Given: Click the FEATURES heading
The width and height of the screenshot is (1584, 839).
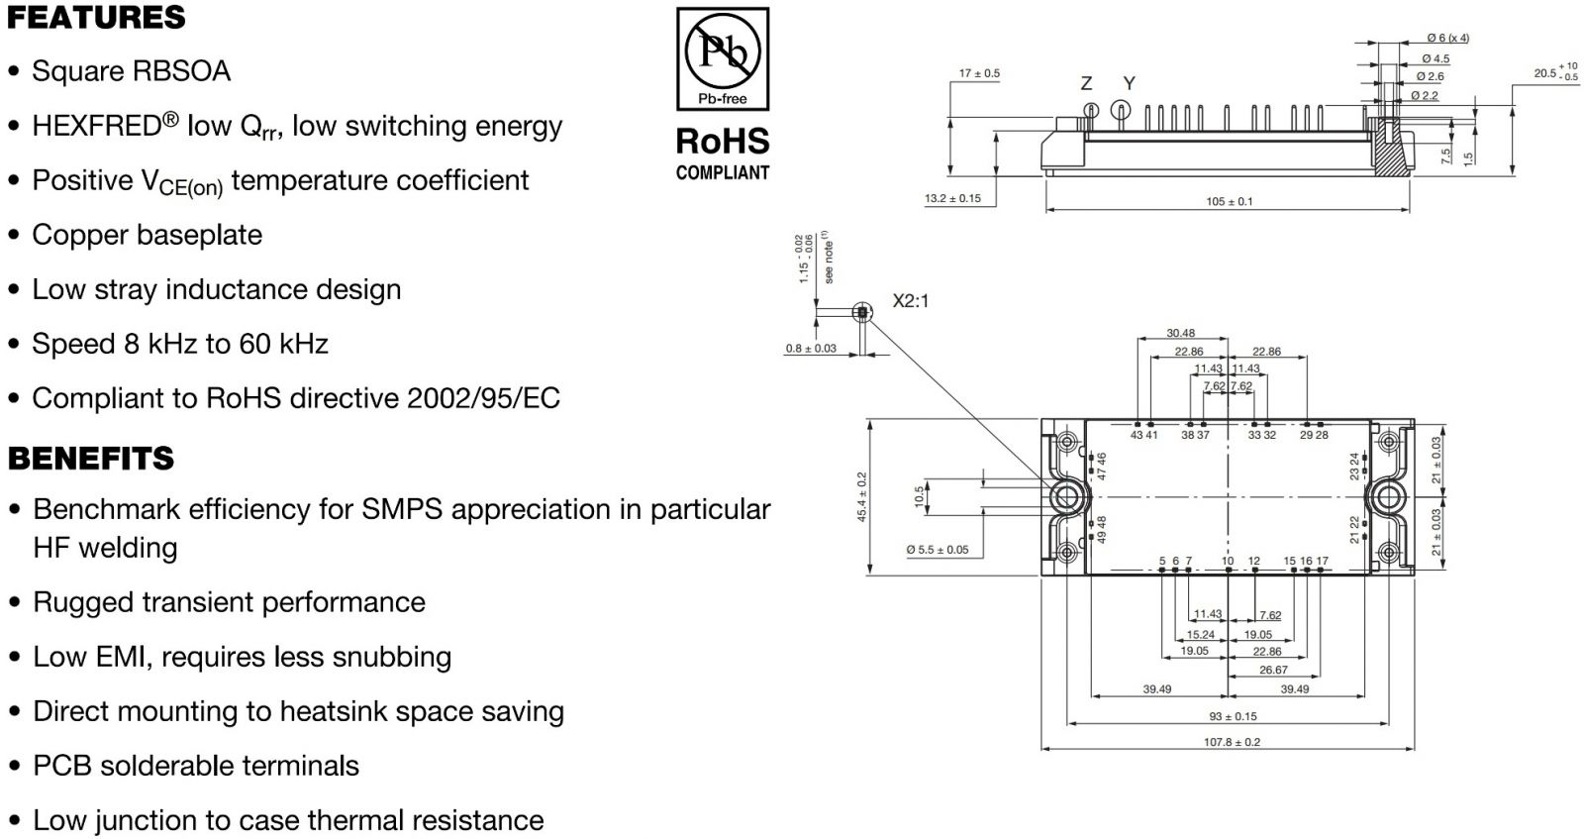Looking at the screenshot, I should point(96,18).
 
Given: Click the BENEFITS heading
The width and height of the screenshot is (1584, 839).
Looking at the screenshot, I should point(91,459).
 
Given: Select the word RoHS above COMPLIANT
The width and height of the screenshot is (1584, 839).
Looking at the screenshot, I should point(723,142).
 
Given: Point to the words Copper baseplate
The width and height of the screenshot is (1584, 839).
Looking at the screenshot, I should point(147,235).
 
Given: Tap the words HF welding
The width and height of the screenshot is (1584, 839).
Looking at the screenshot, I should point(105,548).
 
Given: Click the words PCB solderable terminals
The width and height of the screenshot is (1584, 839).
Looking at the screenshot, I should point(196,766).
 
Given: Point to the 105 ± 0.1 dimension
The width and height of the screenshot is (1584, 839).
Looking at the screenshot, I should point(1229,202).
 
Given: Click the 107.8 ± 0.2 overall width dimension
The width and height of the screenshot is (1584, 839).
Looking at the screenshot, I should point(1232,742).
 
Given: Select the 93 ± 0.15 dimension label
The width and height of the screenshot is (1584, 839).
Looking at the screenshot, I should point(1233,716).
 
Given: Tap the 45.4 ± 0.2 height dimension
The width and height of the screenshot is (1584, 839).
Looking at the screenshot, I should point(861,497).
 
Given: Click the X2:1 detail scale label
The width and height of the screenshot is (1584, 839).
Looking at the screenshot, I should point(911,301).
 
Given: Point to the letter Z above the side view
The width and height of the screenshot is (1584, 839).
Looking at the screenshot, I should point(1086,84).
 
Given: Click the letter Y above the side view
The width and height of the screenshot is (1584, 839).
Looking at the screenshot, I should point(1129,84).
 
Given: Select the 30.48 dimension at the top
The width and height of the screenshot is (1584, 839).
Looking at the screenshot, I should point(1180,334).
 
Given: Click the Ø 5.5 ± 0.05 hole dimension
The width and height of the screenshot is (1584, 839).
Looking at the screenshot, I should point(938,550).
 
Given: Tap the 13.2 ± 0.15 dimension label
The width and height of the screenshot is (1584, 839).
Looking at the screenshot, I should point(952,199).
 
